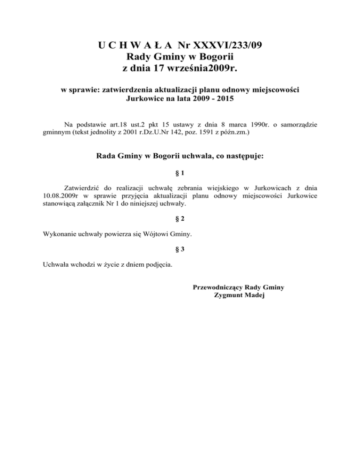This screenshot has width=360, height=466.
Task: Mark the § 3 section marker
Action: (x=180, y=250)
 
